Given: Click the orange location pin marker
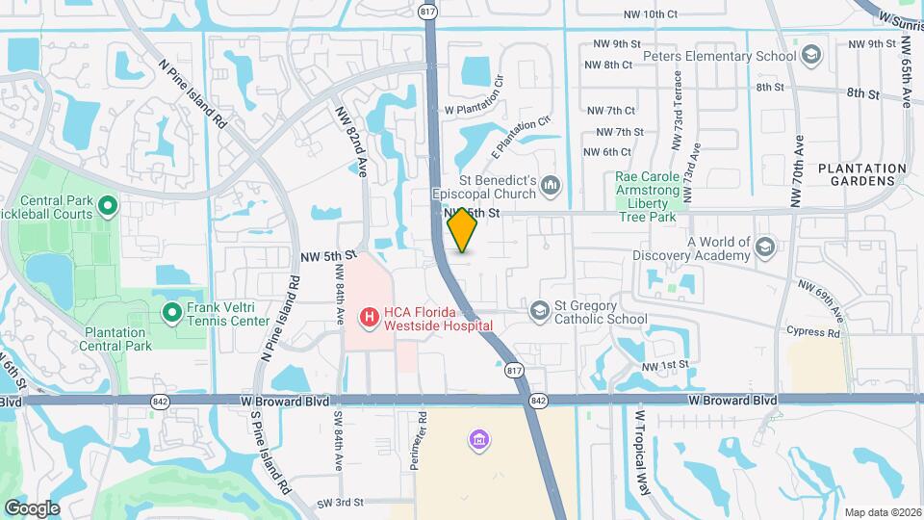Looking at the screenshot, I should (463, 230).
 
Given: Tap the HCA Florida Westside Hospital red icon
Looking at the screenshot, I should (368, 316).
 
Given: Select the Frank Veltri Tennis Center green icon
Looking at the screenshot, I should (172, 311).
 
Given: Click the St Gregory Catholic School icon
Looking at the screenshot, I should (539, 309).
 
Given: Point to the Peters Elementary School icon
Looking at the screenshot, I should (811, 54).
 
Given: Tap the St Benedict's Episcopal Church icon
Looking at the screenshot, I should (552, 183).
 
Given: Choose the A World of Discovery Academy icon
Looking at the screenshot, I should (765, 247).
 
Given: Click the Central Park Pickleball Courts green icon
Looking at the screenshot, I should (108, 203).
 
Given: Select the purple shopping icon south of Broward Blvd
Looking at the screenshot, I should (478, 440).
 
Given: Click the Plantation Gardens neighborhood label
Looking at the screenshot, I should (861, 174).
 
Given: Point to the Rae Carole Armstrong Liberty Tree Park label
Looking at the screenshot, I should (649, 190).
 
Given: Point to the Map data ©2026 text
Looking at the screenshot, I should (882, 512).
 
